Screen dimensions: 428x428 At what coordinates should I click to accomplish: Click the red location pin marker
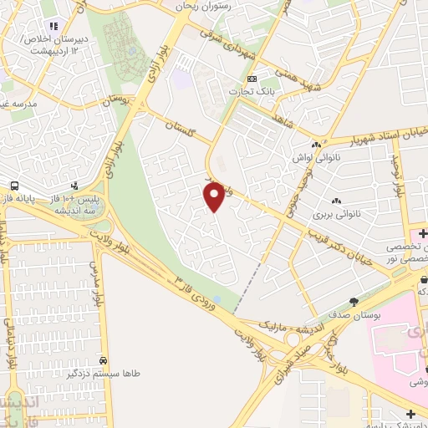click(215, 196)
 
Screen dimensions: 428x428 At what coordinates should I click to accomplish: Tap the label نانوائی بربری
click(335, 214)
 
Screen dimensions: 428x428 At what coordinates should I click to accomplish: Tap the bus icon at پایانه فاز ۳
click(14, 186)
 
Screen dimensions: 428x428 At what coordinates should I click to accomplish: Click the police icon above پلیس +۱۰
click(75, 186)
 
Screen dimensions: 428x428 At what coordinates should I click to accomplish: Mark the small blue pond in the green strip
click(217, 299)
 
